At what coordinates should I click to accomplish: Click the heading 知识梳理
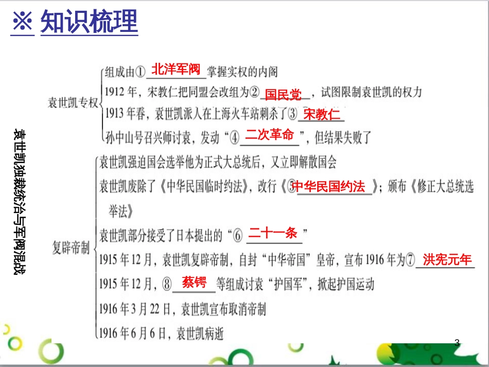[89, 22]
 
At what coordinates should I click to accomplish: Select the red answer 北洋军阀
[176, 69]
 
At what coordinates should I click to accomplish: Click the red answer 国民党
[283, 95]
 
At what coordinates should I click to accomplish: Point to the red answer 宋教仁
[322, 114]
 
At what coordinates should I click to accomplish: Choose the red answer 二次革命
[269, 135]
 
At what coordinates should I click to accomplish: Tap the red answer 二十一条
[273, 233]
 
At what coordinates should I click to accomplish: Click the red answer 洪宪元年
[447, 259]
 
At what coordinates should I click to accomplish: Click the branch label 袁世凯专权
[72, 103]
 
